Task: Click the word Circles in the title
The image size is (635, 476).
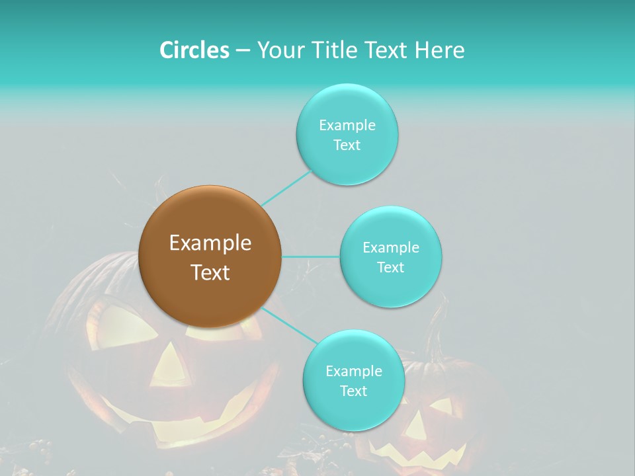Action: click(194, 50)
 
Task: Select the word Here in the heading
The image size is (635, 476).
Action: click(439, 50)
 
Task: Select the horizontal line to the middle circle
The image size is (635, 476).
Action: click(311, 257)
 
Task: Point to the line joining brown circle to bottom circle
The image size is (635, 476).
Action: click(290, 325)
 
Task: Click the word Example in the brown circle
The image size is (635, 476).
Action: click(210, 243)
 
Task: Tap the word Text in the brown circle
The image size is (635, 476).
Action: click(210, 272)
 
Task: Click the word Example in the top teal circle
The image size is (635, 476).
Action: click(347, 125)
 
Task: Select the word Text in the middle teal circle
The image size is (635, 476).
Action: click(390, 267)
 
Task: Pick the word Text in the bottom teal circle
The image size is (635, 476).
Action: click(353, 391)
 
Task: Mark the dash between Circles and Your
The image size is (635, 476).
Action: click(242, 50)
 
